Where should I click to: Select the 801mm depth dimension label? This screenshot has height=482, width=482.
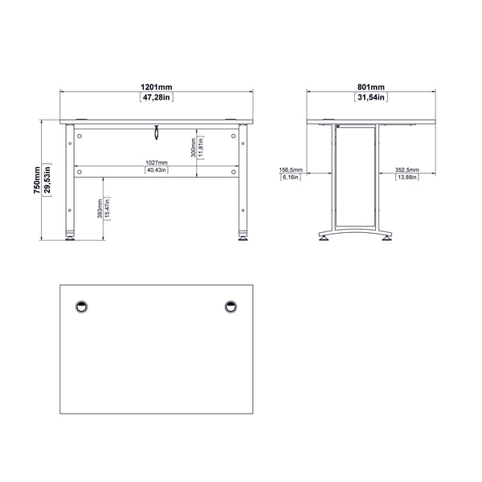(x=371, y=86)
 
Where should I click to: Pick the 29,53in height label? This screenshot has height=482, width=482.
(x=49, y=183)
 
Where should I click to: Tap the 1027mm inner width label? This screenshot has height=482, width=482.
(x=156, y=162)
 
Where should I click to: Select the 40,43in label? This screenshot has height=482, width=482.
(x=156, y=170)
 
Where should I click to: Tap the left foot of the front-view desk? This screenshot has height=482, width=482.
(x=71, y=236)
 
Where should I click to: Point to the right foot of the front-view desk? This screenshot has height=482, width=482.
(x=242, y=236)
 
